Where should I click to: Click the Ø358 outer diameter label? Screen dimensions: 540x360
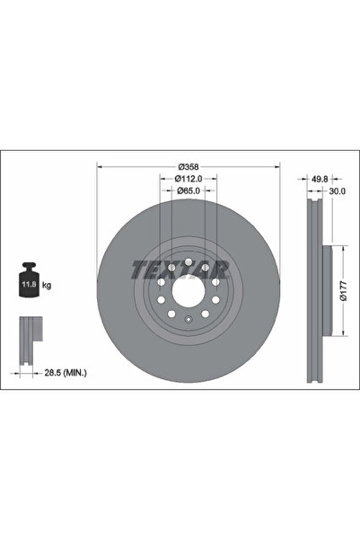[x=188, y=166]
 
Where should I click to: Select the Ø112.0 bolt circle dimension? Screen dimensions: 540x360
[x=188, y=179]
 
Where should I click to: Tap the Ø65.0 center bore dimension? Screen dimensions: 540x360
[x=188, y=190]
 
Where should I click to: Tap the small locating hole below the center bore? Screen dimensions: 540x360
[x=188, y=320]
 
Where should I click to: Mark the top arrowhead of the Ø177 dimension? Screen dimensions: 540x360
[x=338, y=249]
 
